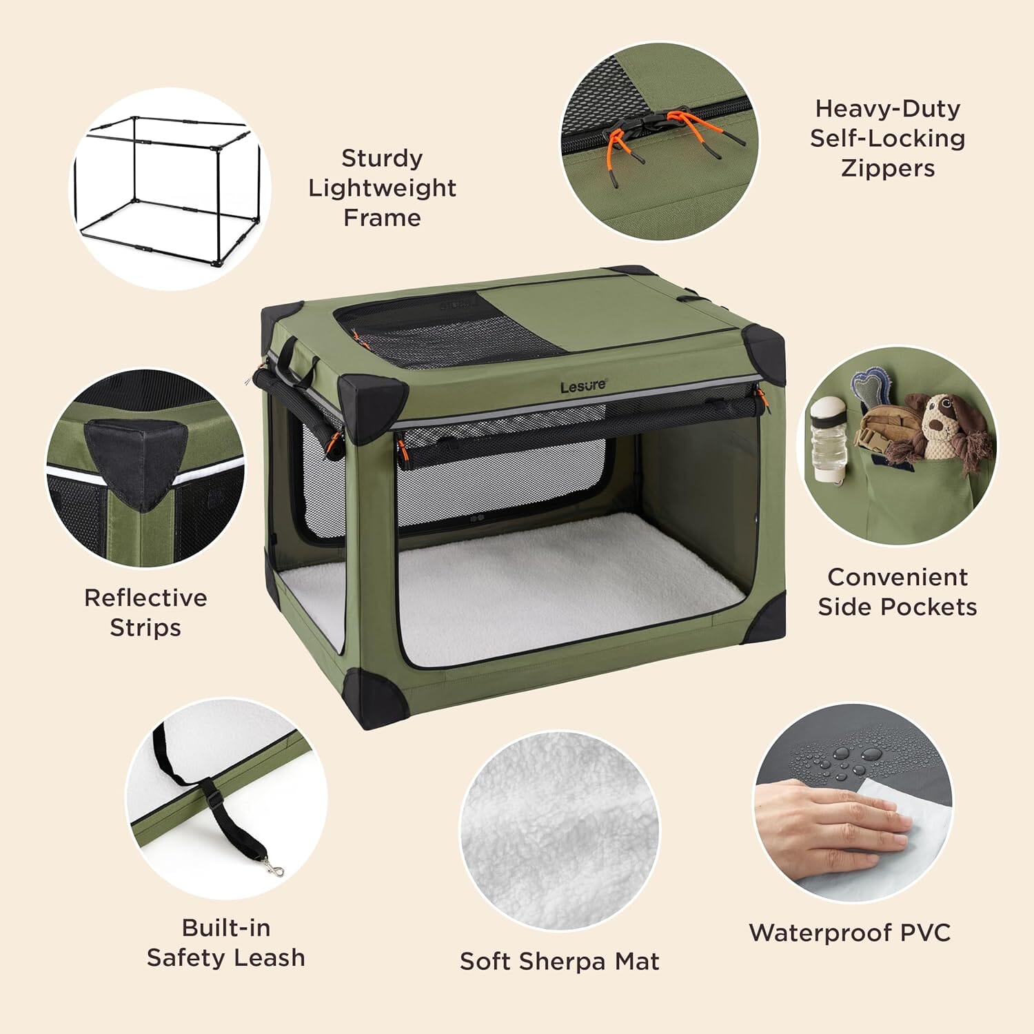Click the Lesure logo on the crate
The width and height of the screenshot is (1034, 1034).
point(583,387)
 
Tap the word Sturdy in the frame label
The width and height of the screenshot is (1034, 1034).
point(382,159)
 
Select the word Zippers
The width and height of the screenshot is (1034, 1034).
point(888,168)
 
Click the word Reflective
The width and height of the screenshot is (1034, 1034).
point(145,598)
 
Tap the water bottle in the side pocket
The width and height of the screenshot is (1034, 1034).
point(826,441)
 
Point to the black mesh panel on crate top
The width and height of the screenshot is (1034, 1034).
point(441,331)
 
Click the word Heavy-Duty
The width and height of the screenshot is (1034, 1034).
point(887,109)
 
